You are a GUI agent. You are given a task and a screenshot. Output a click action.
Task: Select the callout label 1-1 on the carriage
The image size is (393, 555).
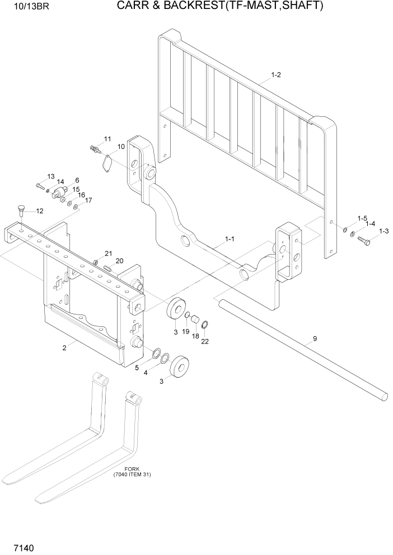tap(229, 239)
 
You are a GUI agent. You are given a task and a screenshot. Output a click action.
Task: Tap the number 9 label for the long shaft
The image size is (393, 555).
tap(315, 337)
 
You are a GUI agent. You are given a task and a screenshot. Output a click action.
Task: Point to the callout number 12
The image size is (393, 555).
tap(39, 211)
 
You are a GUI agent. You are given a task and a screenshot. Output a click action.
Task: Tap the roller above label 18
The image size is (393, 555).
tap(195, 321)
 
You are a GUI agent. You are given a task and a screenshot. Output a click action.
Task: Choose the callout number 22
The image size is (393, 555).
tap(205, 342)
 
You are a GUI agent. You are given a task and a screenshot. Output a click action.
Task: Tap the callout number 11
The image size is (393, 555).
tap(107, 138)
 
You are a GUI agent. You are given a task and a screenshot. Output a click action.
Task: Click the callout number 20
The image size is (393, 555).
tap(119, 261)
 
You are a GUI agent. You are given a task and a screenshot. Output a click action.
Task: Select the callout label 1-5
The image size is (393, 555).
tap(362, 218)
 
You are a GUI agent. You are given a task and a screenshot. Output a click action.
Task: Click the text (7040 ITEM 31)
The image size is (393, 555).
tap(132, 474)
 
